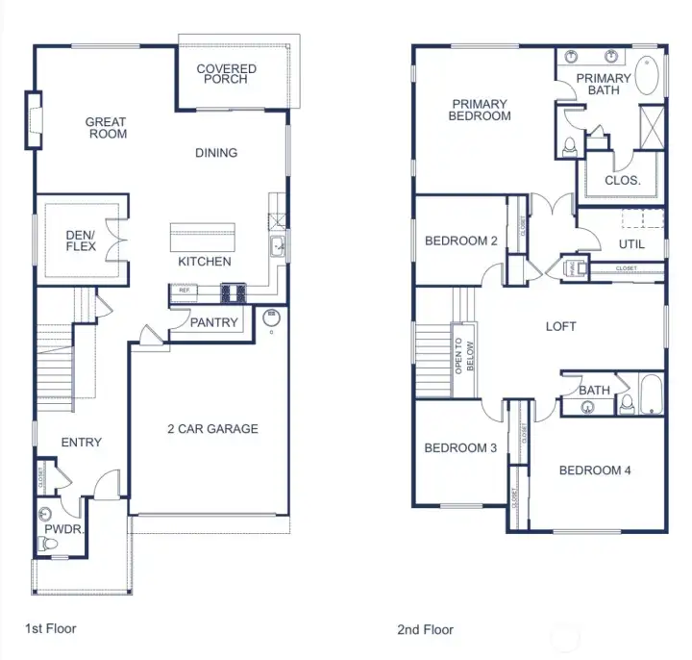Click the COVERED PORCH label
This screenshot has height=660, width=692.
227,74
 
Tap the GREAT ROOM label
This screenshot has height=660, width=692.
106,128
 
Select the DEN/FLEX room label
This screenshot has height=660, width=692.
80,240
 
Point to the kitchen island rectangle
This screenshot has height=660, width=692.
203,237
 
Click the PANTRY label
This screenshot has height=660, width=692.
213,323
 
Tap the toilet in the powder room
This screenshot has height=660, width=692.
46,545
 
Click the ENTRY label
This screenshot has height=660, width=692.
82,443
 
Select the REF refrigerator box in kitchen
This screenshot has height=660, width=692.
184,289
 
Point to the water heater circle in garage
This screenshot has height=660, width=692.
270,315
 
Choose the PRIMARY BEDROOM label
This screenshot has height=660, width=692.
481,110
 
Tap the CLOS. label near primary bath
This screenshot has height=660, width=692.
623,180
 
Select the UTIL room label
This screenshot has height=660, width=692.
630,244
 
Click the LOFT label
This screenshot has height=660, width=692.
561,327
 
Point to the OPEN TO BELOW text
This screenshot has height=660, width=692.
464,355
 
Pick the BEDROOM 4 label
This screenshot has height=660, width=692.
595,470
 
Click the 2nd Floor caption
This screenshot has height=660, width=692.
426,630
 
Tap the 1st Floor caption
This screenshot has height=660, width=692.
51,628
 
